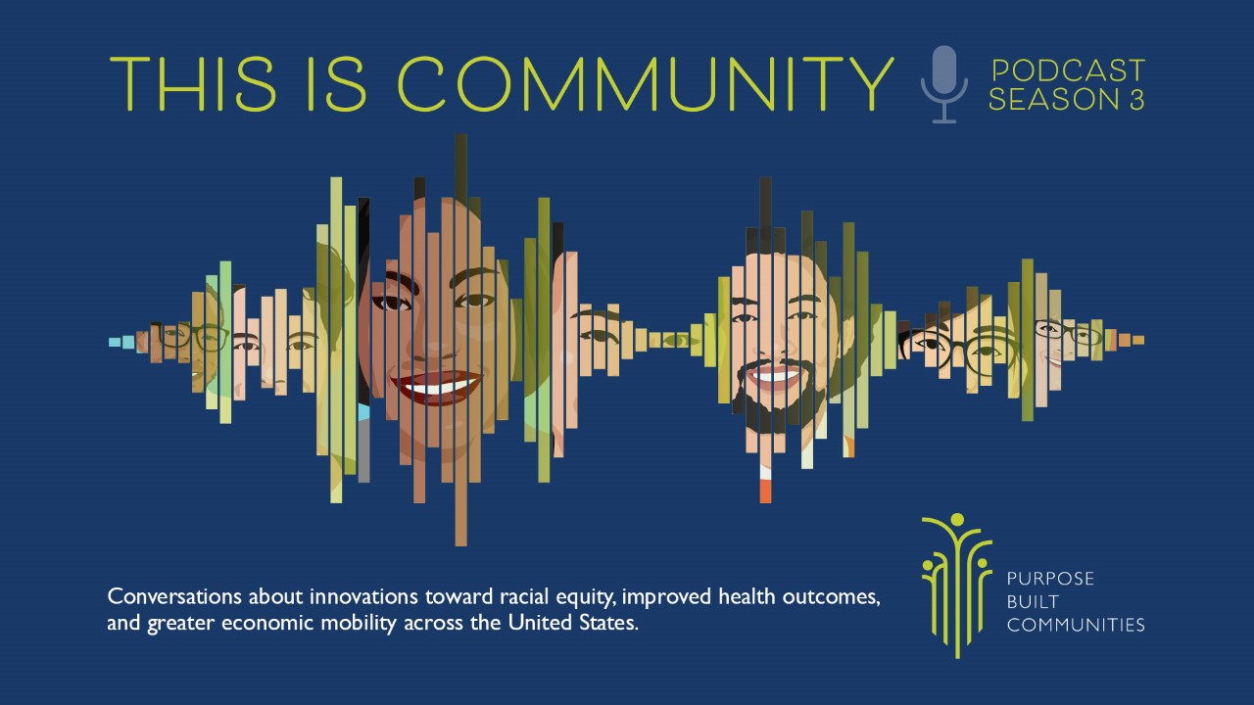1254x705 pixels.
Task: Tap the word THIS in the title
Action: [x=193, y=84]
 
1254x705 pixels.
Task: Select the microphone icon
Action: [x=944, y=84]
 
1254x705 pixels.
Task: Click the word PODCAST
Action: [x=1068, y=71]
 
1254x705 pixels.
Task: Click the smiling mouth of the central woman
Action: [x=437, y=386]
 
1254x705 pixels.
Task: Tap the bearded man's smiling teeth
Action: [x=775, y=374]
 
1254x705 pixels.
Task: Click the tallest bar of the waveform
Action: [x=460, y=340]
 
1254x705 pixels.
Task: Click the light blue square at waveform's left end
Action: [x=115, y=342]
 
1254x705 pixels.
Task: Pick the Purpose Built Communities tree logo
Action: [x=957, y=586]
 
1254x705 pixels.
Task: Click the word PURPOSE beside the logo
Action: [x=1050, y=579]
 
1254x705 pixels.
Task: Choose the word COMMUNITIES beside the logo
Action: [x=1076, y=625]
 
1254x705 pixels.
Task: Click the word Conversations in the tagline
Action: [x=175, y=596]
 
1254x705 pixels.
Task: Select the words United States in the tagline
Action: [x=573, y=622]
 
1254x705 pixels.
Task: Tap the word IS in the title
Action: [x=337, y=84]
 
